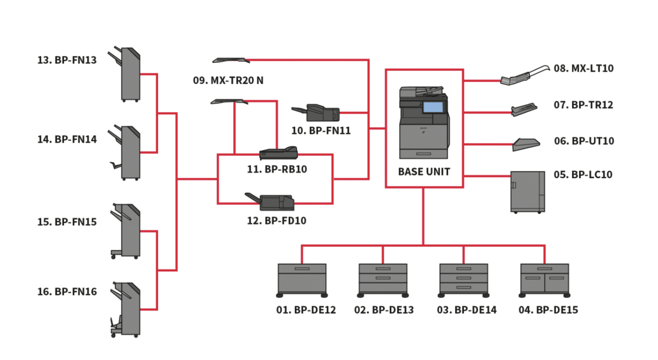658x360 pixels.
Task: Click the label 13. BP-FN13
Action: pos(67,60)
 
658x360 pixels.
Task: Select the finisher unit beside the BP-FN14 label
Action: pos(127,152)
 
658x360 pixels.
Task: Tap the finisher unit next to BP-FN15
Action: pos(127,231)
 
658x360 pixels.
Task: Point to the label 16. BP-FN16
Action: pos(67,292)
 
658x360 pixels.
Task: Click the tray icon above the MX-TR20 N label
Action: pos(231,60)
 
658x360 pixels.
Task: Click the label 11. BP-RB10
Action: pos(277,169)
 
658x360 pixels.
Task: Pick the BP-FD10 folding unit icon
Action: pos(273,202)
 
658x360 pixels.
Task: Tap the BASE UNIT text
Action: pos(424,172)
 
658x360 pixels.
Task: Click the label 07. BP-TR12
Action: pos(583,105)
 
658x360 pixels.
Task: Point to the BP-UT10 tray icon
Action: pos(526,144)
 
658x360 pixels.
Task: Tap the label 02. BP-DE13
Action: pos(384,310)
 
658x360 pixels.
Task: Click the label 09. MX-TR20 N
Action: pos(228,80)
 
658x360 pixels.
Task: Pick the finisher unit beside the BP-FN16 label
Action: pos(127,310)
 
